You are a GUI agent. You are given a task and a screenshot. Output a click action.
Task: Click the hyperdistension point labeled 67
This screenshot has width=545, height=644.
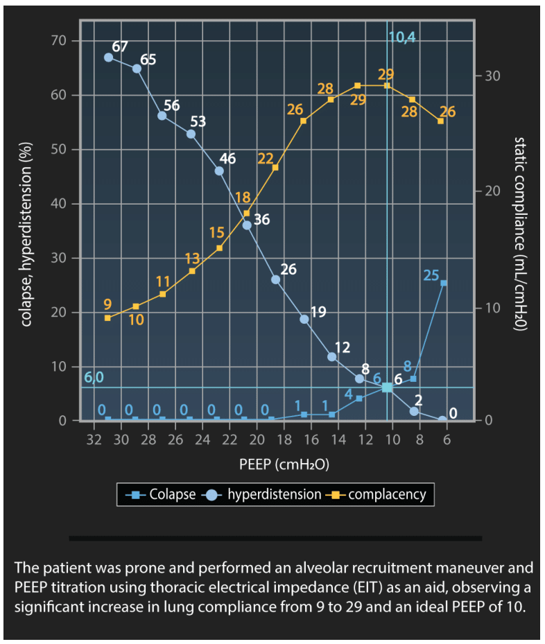coord(109,58)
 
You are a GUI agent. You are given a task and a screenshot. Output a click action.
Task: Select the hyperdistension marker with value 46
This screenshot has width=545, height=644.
coord(219,171)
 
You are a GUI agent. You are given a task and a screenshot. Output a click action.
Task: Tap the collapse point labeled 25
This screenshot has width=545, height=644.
coord(443,283)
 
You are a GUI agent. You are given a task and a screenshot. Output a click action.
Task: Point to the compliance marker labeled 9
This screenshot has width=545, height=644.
coord(107,317)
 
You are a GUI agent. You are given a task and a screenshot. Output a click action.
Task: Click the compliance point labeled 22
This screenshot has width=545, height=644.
coord(275,168)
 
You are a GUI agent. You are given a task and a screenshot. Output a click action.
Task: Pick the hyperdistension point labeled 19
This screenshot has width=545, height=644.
coord(304,319)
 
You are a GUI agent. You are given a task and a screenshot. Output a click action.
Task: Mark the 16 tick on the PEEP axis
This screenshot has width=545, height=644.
coord(311,440)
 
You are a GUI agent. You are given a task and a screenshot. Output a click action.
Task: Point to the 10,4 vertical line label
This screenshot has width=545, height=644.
coord(402,37)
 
